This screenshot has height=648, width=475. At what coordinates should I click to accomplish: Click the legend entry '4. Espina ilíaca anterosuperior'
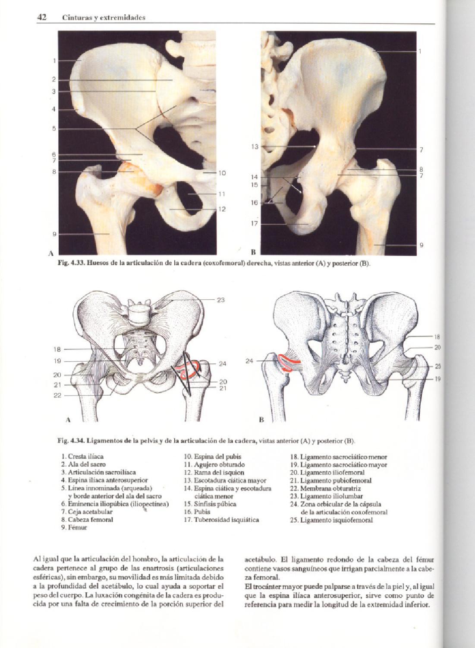point(104,480)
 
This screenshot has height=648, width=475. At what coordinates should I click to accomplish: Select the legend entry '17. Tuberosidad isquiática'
point(221,520)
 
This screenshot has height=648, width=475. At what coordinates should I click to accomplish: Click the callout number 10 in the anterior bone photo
point(222,173)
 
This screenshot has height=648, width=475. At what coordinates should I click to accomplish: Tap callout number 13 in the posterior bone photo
point(255,147)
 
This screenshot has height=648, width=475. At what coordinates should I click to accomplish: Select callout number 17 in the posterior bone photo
point(255,224)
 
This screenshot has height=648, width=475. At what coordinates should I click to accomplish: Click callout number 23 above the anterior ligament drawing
point(221,300)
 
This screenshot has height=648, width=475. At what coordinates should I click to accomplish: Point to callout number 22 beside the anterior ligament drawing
point(57,395)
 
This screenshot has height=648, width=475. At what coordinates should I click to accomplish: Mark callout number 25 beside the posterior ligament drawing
point(437,366)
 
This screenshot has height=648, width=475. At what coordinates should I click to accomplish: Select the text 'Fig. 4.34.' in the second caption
point(71,441)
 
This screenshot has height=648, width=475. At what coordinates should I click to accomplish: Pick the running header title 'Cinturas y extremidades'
point(104,18)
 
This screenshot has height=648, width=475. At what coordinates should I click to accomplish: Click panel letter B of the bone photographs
point(254,251)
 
